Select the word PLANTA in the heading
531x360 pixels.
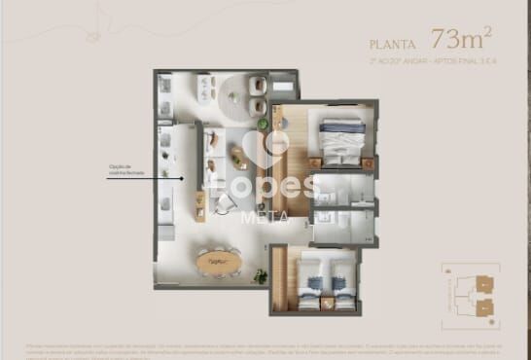[x=394, y=44]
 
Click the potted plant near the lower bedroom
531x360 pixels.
[x=261, y=276]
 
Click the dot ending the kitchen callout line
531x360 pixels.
[x=185, y=177]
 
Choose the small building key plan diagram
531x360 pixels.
[x=470, y=296]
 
